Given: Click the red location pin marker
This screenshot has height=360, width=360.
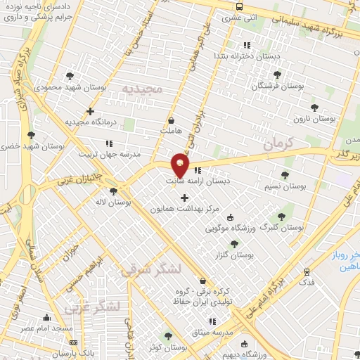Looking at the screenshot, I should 180,166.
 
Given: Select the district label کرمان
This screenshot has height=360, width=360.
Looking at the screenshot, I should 282,143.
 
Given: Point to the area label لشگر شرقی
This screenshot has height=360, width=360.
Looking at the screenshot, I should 150,270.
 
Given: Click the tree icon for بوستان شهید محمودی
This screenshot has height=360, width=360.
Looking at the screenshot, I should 69,75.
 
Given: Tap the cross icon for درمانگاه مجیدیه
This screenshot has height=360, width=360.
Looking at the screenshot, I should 90,110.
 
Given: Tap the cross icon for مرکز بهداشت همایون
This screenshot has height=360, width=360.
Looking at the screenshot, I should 185,198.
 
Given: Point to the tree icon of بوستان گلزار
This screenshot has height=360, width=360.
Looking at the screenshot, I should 234,243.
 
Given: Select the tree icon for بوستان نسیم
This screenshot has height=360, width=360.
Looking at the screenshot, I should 285,175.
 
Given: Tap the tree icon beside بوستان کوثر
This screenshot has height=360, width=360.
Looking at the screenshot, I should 167,336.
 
